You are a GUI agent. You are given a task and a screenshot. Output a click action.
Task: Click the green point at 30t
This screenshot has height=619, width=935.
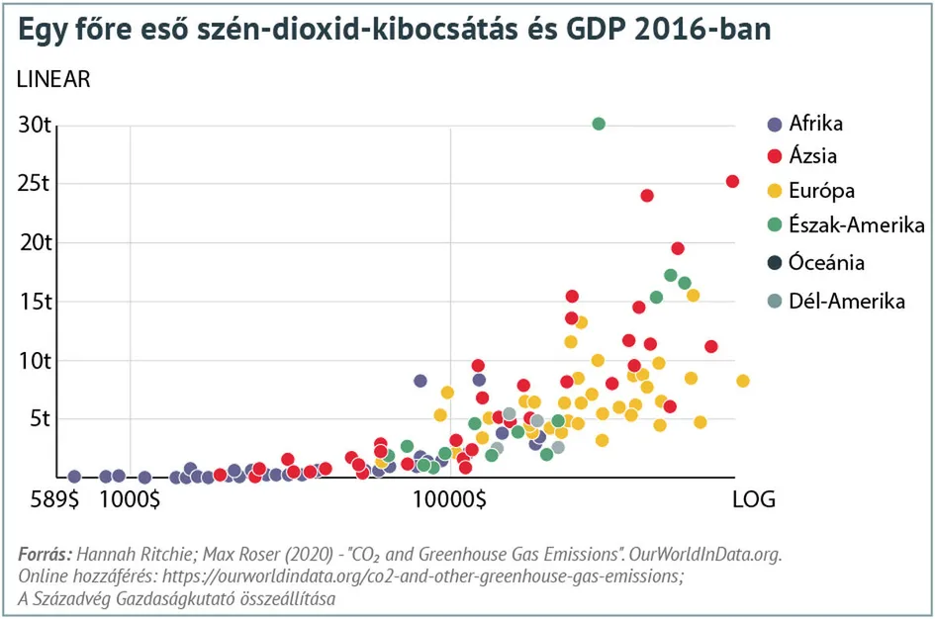599,124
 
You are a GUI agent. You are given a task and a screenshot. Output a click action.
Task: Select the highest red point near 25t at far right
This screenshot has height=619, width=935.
732,181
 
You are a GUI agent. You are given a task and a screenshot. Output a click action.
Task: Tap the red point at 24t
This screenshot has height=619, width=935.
647,196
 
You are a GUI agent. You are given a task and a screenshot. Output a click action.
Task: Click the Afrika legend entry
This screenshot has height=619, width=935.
816,125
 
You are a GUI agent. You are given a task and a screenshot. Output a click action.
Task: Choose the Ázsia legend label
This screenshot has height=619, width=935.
813,156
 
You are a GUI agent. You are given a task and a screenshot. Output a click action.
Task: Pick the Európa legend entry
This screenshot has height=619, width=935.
821,191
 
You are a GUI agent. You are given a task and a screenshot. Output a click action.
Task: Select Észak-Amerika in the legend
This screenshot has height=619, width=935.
857,224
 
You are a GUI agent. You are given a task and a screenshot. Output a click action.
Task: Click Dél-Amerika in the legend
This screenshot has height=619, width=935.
847,302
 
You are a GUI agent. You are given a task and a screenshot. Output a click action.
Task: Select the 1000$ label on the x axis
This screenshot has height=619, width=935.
131,499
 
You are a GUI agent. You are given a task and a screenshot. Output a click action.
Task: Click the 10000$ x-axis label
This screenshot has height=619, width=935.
450,499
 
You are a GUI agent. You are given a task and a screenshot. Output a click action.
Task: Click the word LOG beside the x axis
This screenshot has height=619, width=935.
753,499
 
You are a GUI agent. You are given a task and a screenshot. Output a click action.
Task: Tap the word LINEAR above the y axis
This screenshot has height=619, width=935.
53,80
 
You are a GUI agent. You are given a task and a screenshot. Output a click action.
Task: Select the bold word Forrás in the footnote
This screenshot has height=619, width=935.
46,555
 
